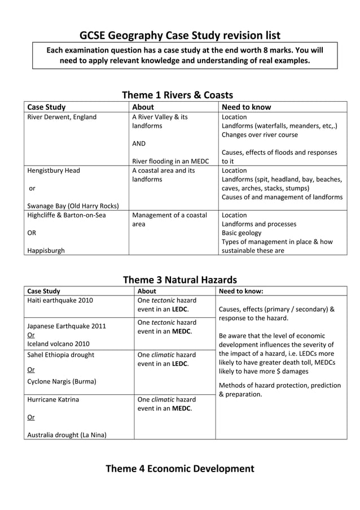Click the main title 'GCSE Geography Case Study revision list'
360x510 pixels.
[x=179, y=36]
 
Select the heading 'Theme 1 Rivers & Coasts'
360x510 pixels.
[x=177, y=95]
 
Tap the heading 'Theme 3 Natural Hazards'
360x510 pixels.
[x=179, y=280]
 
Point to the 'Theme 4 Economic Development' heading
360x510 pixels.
[x=179, y=468]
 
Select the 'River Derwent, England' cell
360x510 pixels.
[x=62, y=117]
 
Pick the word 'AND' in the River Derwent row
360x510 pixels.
[x=139, y=143]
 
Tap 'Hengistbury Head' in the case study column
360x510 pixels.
[x=54, y=170]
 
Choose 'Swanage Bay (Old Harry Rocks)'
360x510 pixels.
[x=73, y=206]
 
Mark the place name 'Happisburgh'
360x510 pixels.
[x=46, y=250]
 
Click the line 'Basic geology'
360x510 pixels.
[x=242, y=233]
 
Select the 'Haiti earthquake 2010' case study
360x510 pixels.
[x=60, y=300]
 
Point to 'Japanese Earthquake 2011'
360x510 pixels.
[x=67, y=326]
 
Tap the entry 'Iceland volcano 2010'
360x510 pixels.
[x=59, y=343]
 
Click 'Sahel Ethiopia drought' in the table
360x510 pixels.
[x=61, y=355]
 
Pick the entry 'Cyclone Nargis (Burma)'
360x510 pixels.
[x=62, y=381]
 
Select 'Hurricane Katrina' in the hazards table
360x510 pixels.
[x=54, y=399]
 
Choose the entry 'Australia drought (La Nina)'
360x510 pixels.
[x=67, y=434]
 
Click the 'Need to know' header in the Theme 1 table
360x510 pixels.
[x=246, y=107]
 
